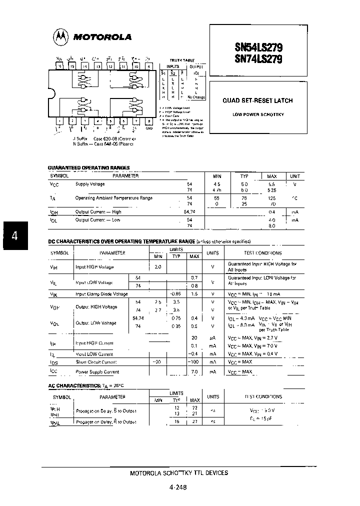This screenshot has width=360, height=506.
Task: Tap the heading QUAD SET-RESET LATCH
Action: pyautogui.click(x=257, y=100)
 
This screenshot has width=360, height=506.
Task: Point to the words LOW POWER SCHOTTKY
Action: pyautogui.click(x=257, y=114)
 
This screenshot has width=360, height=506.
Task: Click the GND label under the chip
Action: pyautogui.click(x=148, y=128)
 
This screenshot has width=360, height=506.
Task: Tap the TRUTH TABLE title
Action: pyautogui.click(x=182, y=60)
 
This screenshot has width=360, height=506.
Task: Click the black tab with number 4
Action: pyautogui.click(x=15, y=235)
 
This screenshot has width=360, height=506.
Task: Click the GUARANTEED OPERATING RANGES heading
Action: pyautogui.click(x=88, y=168)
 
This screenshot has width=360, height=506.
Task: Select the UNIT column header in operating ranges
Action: pyautogui.click(x=294, y=176)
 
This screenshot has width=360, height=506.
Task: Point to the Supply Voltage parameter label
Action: pyautogui.click(x=90, y=184)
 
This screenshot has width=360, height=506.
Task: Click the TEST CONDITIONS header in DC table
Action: pyautogui.click(x=262, y=253)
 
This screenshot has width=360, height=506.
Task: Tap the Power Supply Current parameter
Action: pyautogui.click(x=97, y=372)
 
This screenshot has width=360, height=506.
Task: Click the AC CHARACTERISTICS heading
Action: pyautogui.click(x=74, y=386)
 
